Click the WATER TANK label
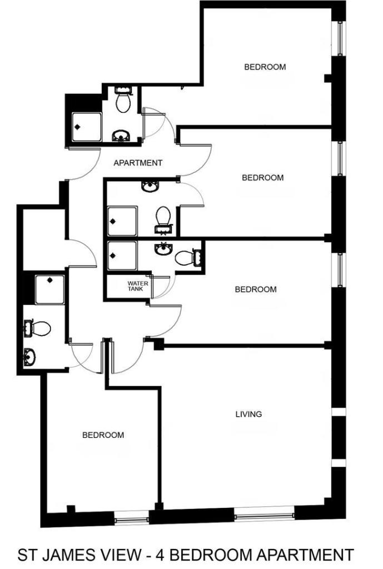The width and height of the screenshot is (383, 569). (x=138, y=286)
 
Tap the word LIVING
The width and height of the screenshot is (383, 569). (x=248, y=414)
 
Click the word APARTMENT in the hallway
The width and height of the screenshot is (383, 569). (x=138, y=163)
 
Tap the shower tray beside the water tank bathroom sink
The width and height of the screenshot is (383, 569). (x=123, y=256)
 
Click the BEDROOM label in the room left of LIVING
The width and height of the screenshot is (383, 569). (x=103, y=435)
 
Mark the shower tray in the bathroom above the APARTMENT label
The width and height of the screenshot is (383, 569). (x=87, y=127)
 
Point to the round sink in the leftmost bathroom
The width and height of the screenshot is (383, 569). (x=29, y=356)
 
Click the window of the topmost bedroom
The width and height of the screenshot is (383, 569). (x=340, y=38)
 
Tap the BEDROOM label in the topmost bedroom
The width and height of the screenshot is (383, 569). (x=265, y=67)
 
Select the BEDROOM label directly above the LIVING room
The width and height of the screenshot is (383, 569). (x=256, y=289)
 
